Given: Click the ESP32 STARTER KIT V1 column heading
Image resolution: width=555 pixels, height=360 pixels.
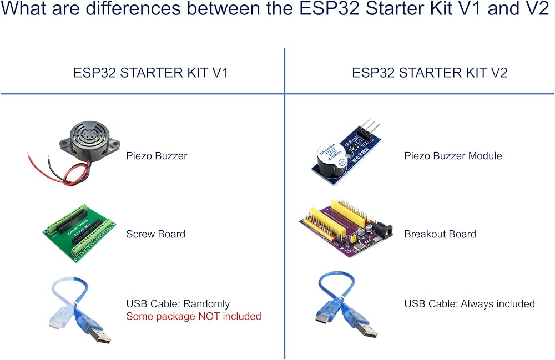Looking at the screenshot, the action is [151, 73].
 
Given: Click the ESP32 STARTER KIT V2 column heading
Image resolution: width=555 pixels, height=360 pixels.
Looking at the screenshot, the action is [430, 73].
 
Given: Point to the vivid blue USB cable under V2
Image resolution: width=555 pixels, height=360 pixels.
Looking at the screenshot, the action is [346, 304].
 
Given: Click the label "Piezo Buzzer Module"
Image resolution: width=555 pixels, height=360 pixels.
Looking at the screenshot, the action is [453, 156].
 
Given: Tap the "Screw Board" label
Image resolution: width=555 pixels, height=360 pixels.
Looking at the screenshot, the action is [156, 234].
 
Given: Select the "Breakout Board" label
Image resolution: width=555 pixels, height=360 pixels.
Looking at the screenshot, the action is [440, 234].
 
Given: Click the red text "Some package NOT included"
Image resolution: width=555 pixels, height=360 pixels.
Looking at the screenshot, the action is [194, 316].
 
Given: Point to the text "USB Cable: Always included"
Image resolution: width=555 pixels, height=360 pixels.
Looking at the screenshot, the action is [470, 304].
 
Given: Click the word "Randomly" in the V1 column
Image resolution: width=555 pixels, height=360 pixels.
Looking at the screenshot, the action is [206, 304].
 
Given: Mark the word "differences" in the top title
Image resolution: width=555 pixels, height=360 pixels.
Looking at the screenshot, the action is [133, 8].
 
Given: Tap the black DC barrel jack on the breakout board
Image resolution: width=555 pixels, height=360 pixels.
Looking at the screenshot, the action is [384, 230].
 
